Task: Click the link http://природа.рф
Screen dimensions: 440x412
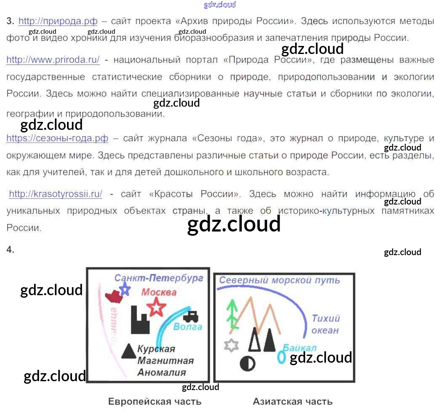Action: click(x=58, y=21)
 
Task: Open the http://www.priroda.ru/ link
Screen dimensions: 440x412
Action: click(x=53, y=60)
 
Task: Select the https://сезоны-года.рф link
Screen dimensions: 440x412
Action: click(x=57, y=138)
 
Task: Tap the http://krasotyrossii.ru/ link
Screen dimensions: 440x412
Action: click(x=56, y=194)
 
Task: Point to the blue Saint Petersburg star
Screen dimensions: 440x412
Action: click(x=125, y=289)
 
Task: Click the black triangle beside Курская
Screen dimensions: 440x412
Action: click(x=128, y=351)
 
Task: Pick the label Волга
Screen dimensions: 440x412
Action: click(x=188, y=327)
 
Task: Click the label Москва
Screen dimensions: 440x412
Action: click(x=159, y=292)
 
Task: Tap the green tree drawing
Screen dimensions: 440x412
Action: click(x=231, y=315)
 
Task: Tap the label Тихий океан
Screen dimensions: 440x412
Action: click(x=325, y=324)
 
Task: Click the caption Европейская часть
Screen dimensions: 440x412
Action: click(x=155, y=401)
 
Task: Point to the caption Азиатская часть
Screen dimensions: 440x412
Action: click(x=293, y=401)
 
